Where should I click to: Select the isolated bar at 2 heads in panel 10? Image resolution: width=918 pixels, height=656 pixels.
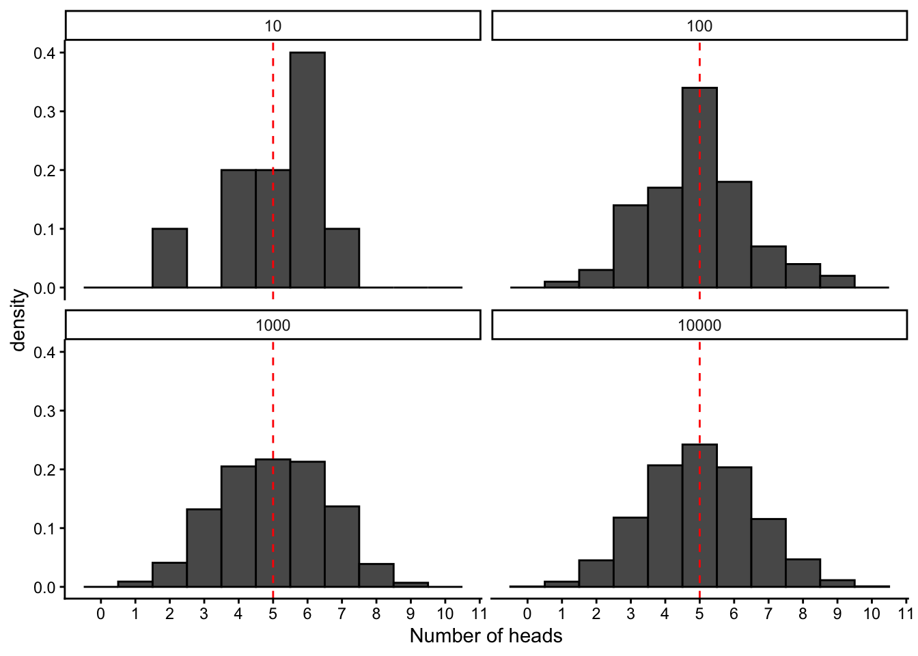click(x=169, y=258)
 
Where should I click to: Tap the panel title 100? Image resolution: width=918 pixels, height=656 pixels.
click(x=699, y=26)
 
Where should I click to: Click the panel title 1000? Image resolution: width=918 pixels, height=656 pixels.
click(x=273, y=325)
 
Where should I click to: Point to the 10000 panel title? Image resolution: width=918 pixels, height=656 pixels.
click(x=699, y=325)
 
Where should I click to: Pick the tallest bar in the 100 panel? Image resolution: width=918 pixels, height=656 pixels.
click(x=699, y=188)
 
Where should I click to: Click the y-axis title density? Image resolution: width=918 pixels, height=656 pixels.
click(x=18, y=320)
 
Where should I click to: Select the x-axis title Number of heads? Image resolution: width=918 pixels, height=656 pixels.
click(x=486, y=636)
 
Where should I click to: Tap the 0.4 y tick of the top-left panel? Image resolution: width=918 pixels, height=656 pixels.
click(x=44, y=53)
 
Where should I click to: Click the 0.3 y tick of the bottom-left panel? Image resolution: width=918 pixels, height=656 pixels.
click(x=44, y=411)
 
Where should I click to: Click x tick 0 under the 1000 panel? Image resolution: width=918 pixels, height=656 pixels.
click(x=100, y=613)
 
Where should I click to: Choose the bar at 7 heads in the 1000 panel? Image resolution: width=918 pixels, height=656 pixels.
click(x=342, y=547)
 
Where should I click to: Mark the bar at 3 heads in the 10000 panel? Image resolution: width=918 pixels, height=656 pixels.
click(x=630, y=552)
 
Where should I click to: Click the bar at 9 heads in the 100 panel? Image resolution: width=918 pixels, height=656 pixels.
click(x=837, y=282)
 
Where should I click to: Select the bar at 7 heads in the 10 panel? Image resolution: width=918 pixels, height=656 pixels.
click(x=342, y=258)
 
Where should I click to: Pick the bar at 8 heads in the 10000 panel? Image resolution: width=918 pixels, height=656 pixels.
click(x=803, y=573)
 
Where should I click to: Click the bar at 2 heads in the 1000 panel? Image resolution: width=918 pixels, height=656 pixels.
click(x=169, y=575)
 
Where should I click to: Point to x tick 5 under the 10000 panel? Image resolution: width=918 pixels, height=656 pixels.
click(x=699, y=613)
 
